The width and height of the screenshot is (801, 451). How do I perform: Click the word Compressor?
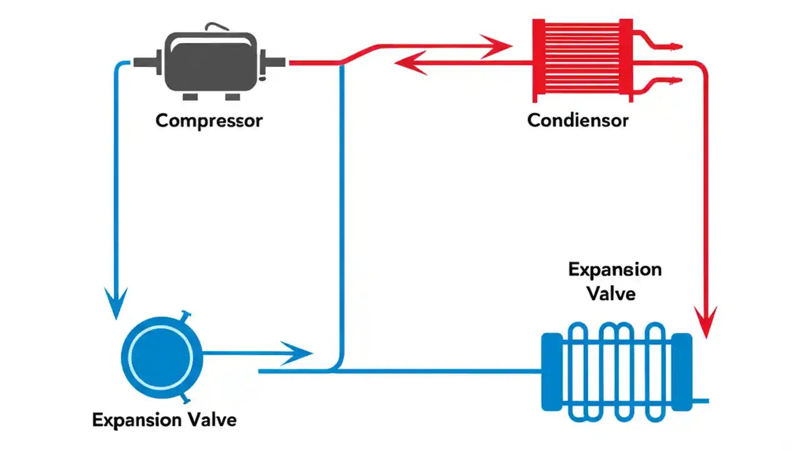tap(209, 120)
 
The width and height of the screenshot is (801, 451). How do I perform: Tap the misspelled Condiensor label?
tap(578, 120)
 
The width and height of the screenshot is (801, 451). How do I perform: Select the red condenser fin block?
tap(583, 60)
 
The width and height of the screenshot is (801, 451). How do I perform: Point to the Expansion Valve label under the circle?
tap(165, 420)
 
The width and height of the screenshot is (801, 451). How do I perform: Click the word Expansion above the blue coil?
tap(615, 270)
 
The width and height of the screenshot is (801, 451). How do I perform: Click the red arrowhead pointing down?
tap(707, 323)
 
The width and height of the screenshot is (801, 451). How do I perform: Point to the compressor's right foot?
tap(233, 96)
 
